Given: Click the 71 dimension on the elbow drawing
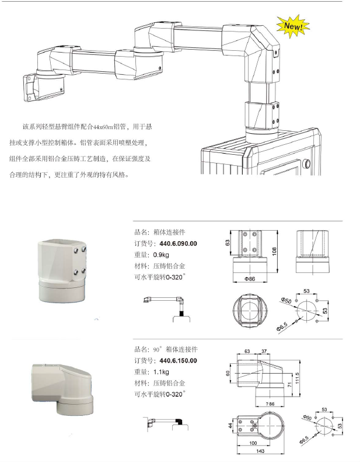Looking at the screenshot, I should [288, 386].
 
